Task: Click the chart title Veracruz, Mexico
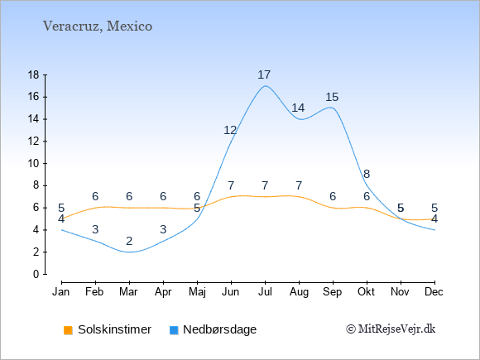click(98, 26)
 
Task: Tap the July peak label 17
click(264, 74)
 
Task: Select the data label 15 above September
click(332, 98)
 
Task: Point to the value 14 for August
click(298, 108)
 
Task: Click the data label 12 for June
click(230, 131)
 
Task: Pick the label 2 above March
click(129, 241)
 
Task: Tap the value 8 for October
click(367, 174)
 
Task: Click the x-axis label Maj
click(197, 292)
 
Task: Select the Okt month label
click(366, 292)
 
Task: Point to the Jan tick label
click(61, 292)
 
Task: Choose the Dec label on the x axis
click(434, 292)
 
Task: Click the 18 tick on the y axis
click(34, 74)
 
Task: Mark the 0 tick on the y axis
click(36, 274)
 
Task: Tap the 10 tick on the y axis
click(34, 164)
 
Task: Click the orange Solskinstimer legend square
click(68, 330)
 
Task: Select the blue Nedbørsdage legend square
click(174, 330)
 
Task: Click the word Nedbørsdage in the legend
click(219, 329)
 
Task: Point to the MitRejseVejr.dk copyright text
click(391, 329)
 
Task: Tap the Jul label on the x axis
click(265, 292)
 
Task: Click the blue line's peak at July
click(265, 86)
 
